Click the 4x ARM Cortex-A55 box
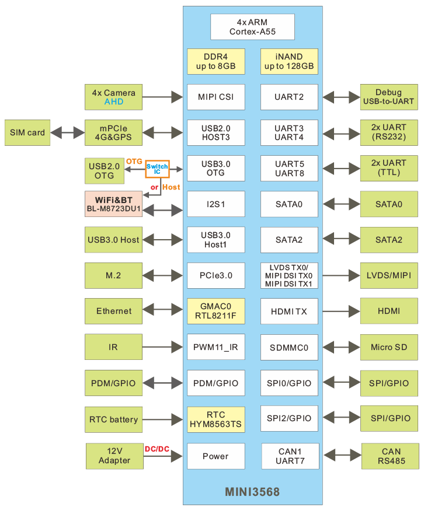[x=252, y=26]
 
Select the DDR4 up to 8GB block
[x=215, y=61]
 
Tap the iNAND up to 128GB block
[x=289, y=61]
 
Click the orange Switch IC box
[x=157, y=170]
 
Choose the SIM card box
[x=27, y=132]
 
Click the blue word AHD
[x=114, y=101]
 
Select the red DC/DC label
[x=157, y=449]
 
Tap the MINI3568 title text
[x=252, y=492]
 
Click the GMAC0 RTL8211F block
[x=215, y=311]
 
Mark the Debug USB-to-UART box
[x=388, y=97]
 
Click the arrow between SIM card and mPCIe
[x=67, y=133]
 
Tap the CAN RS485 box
[x=391, y=456]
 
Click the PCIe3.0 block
[x=215, y=275]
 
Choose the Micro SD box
[x=390, y=347]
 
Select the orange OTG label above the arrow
[x=134, y=162]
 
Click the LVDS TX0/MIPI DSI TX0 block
[x=289, y=275]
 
